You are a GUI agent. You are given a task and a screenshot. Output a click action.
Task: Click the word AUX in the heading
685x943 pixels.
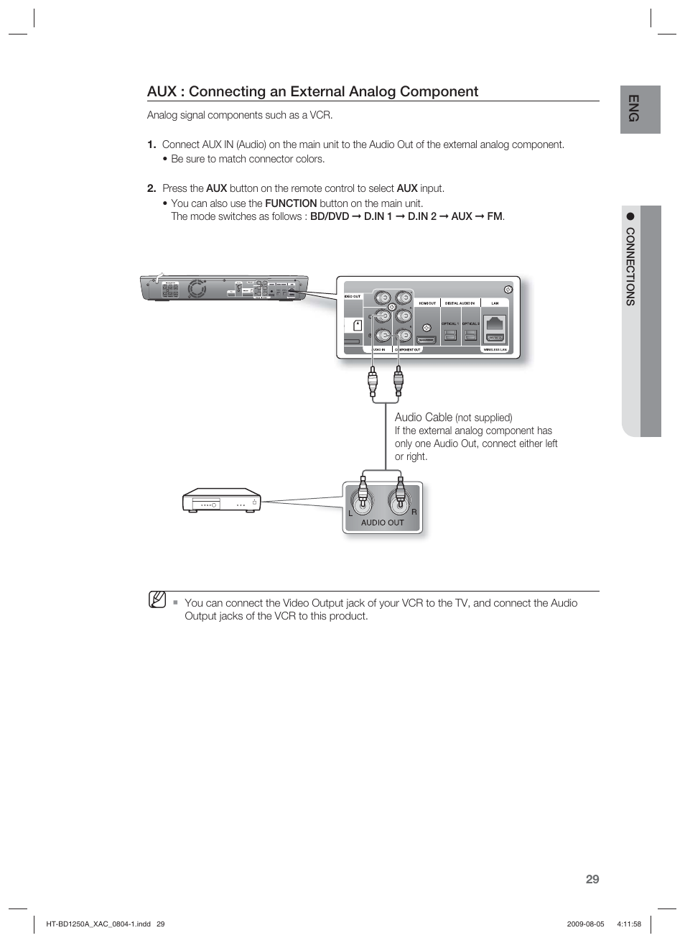[161, 92]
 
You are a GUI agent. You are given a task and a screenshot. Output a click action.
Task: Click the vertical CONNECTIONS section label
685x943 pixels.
[630, 267]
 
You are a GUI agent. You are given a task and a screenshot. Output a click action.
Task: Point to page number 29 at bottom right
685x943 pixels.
[592, 879]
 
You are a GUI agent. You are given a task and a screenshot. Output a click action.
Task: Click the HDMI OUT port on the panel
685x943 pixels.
[427, 339]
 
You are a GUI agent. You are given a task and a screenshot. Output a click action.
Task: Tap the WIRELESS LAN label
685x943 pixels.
[495, 349]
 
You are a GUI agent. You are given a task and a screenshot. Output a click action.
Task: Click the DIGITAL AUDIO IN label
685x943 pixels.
[460, 303]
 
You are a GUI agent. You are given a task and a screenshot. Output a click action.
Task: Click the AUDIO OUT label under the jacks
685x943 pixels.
[382, 523]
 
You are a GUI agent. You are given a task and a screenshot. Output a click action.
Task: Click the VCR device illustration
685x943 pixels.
[220, 500]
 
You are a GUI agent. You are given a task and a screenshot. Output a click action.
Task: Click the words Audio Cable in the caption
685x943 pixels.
[423, 417]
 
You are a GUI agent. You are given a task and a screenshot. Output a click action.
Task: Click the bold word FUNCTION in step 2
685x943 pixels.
[290, 203]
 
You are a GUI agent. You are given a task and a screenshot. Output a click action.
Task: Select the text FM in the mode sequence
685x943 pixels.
[495, 216]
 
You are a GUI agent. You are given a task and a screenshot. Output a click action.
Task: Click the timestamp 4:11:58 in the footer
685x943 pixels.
[628, 924]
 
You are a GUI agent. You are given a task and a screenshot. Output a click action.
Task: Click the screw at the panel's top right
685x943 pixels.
[508, 289]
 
